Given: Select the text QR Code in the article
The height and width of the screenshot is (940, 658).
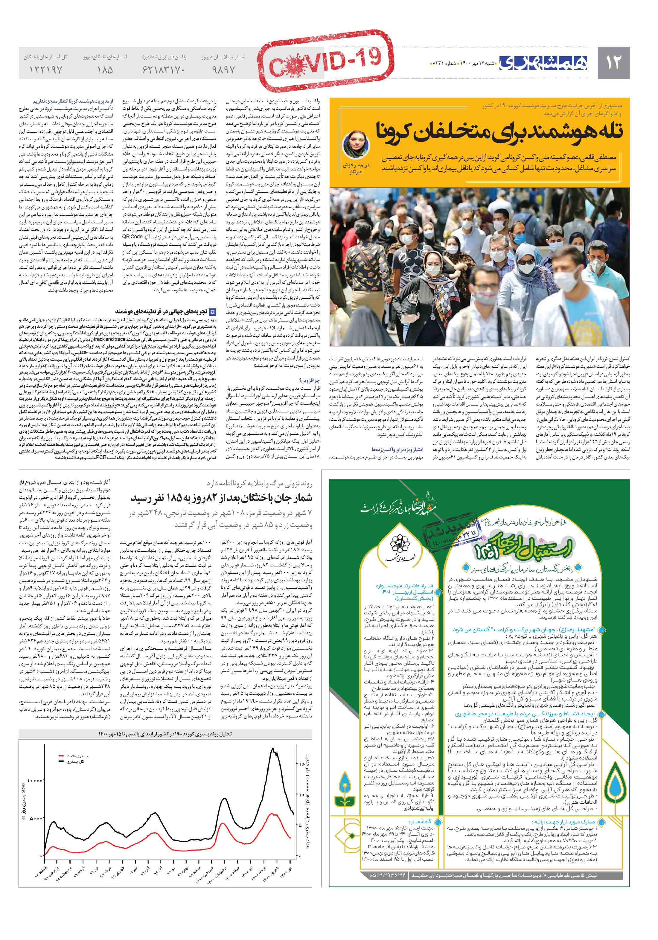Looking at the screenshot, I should click(132, 236).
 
